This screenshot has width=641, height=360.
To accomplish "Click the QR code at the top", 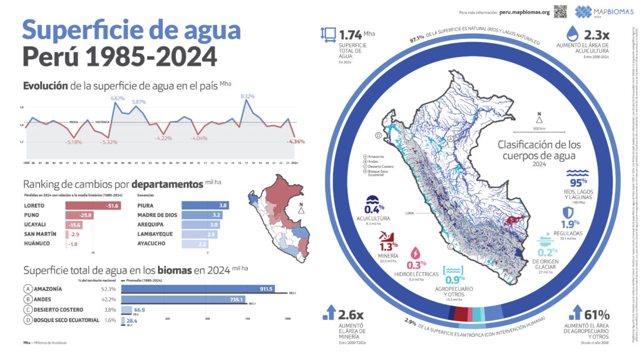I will click(560, 11).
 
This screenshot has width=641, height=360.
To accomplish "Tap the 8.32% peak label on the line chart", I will click(247, 96).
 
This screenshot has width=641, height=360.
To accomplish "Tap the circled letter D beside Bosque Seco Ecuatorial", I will click(28, 320).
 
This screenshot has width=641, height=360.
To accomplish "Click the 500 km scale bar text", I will click(539, 128).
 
